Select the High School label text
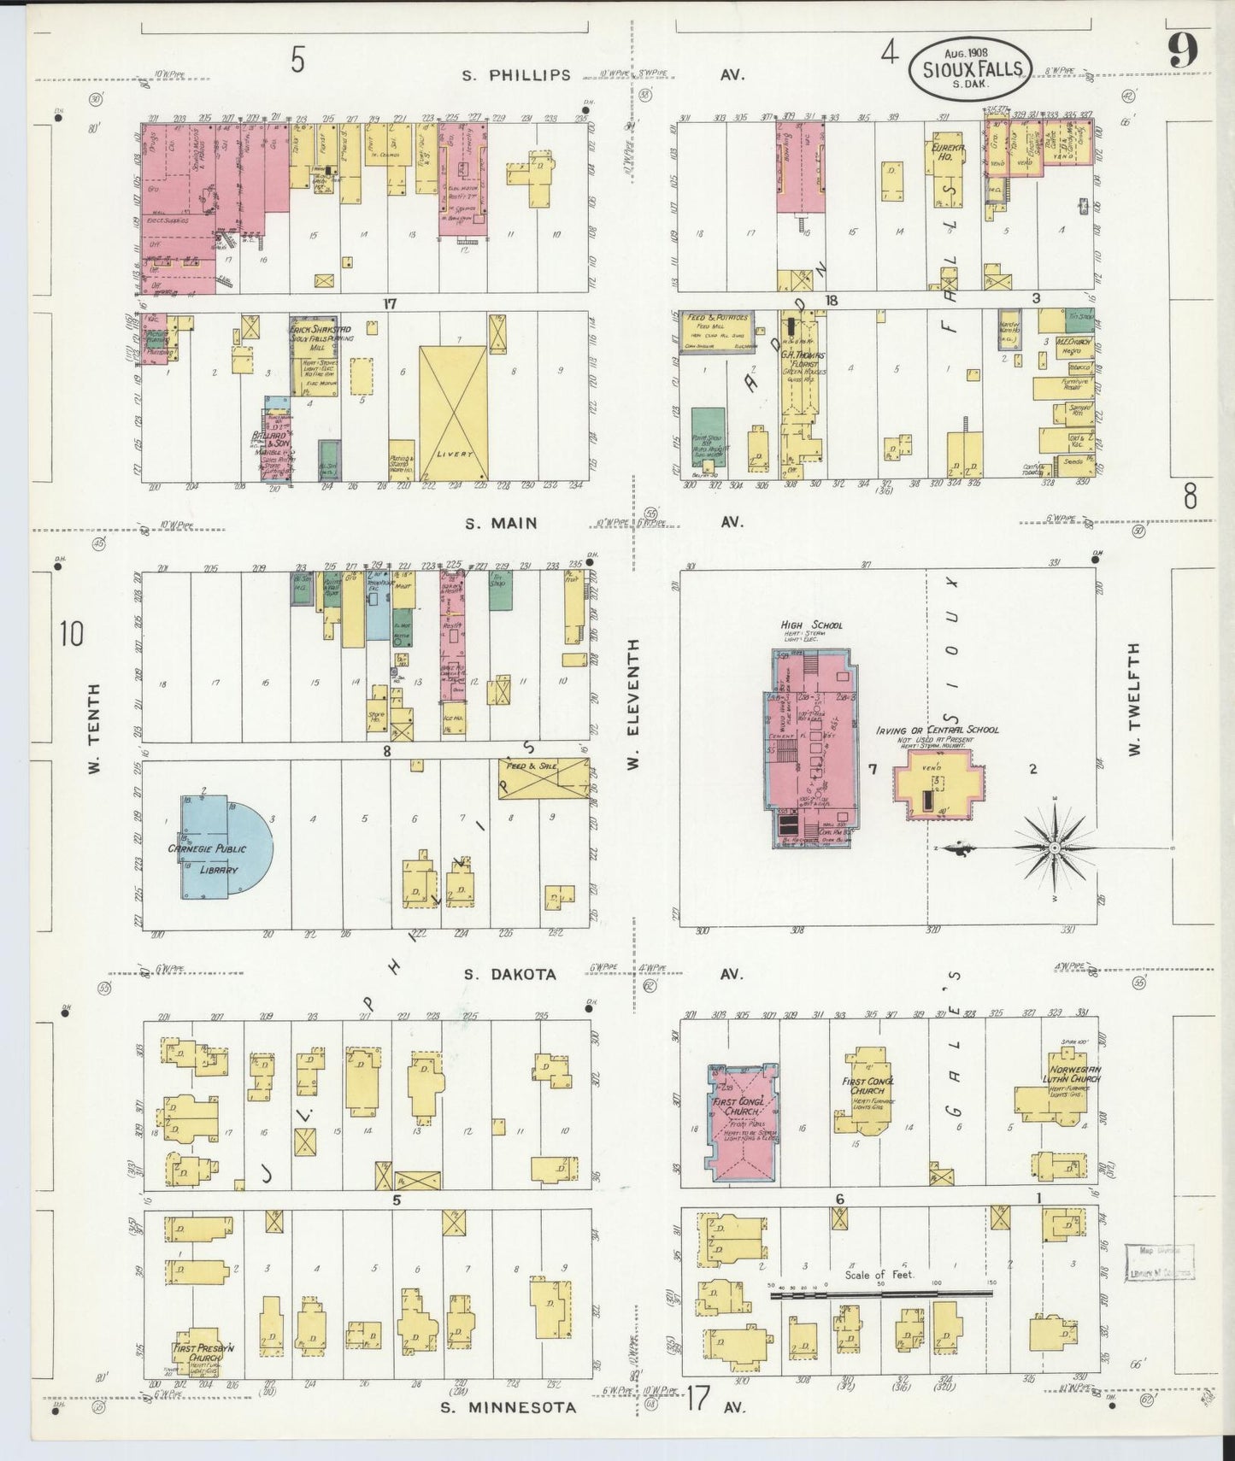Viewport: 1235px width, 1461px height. click(811, 625)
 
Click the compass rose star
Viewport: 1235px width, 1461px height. click(1055, 847)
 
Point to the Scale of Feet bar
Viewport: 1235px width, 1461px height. click(880, 1294)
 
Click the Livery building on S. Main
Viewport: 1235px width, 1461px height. click(453, 414)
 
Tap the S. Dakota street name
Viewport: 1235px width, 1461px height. click(510, 974)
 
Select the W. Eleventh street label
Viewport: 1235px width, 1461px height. click(633, 704)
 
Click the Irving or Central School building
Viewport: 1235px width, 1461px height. click(938, 784)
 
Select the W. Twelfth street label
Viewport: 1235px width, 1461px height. click(1133, 700)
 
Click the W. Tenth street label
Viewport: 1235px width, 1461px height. click(94, 729)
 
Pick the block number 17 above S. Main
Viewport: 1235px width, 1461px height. click(390, 303)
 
